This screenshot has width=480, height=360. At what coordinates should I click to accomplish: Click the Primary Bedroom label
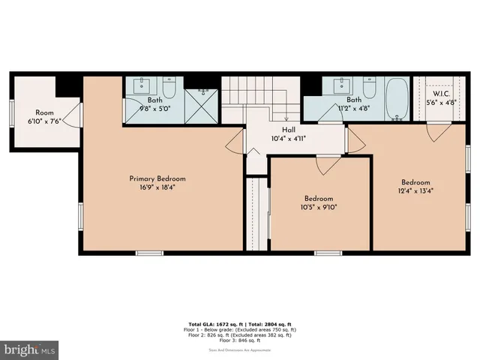(x=157, y=178)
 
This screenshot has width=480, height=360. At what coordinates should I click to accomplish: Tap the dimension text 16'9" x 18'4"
(x=157, y=189)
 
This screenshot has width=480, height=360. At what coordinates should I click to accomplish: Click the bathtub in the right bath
(x=396, y=99)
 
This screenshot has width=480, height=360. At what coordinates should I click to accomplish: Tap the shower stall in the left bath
(x=199, y=106)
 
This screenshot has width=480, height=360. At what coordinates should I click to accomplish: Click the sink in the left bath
(x=141, y=86)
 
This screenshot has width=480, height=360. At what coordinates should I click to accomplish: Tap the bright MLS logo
(x=29, y=349)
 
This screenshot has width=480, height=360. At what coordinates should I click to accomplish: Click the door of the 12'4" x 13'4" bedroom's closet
(x=434, y=132)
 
